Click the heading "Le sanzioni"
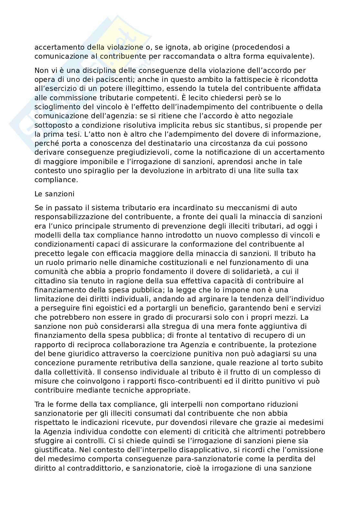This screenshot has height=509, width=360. click(54, 194)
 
